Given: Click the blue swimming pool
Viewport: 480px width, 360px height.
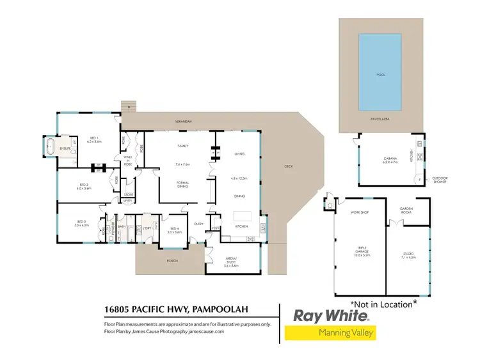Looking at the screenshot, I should pyautogui.click(x=380, y=72).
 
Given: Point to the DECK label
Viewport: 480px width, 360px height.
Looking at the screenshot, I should pyautogui.click(x=288, y=167).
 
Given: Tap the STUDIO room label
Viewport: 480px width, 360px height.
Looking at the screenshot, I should pyautogui.click(x=408, y=254).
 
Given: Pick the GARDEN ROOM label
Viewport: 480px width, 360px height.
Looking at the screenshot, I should pyautogui.click(x=408, y=210).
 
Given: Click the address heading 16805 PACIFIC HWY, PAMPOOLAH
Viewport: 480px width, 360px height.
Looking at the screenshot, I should pyautogui.click(x=176, y=310).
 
